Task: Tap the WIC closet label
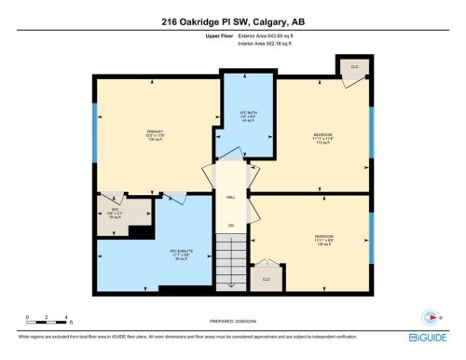(x=115, y=213)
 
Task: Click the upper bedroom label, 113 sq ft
(x=323, y=139)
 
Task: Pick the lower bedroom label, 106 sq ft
(x=323, y=239)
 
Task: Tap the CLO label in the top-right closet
(x=354, y=67)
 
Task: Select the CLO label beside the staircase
(x=266, y=278)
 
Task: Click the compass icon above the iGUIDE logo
(x=430, y=315)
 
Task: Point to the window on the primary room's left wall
(x=94, y=121)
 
